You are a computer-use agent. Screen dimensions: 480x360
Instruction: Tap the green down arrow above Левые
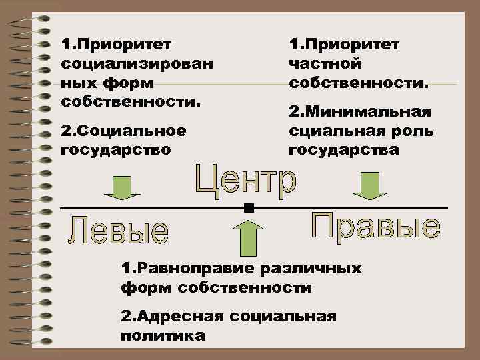point(122,188)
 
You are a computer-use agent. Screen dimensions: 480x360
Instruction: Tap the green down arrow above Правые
point(370,185)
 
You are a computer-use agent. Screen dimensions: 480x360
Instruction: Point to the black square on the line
point(249,209)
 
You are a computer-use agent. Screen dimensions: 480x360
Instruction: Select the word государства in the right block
point(344,149)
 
